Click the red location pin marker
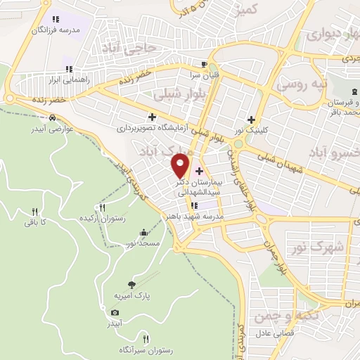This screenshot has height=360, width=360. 181,165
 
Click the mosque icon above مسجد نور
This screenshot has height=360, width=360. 144,233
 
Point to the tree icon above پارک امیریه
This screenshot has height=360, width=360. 131,284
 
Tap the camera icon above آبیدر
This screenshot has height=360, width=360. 115,312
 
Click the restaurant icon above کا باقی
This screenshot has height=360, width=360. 34,212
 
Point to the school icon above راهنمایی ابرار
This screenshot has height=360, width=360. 69,68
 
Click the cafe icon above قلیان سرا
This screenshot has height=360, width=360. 204,62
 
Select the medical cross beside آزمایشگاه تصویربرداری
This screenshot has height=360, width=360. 151,117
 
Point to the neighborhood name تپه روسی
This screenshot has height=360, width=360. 302,84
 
